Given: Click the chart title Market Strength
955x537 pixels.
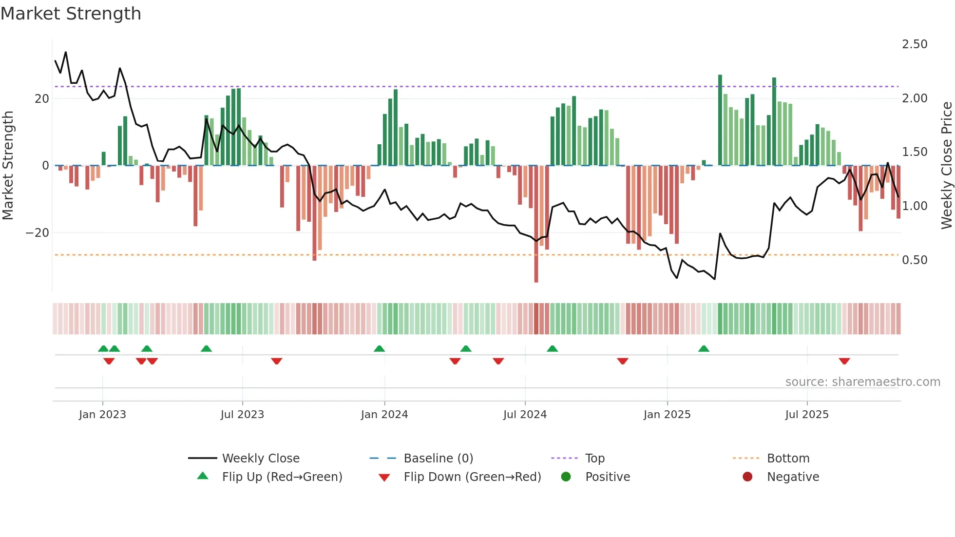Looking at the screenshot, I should tap(71, 14).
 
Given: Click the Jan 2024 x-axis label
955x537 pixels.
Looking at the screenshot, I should tap(384, 415).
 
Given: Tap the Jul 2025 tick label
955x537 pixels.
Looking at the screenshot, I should tap(806, 415).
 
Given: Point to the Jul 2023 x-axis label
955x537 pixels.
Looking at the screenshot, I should tap(242, 415).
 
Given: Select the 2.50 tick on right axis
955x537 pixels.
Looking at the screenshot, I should tap(915, 44).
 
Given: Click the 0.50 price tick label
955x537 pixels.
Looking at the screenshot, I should tap(915, 260).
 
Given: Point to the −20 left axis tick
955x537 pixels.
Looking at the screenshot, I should tap(38, 233).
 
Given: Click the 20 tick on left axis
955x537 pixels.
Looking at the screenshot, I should tap(41, 99).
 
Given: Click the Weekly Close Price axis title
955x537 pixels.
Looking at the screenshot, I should tap(946, 166).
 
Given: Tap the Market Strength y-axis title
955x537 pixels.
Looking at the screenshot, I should tap(8, 166).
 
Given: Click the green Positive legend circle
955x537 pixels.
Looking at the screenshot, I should tap(566, 477).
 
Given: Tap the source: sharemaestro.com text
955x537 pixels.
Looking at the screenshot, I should tap(862, 382).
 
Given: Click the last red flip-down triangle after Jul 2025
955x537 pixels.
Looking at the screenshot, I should tap(844, 361).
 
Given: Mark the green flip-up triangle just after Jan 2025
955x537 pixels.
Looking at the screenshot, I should tap(704, 348).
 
